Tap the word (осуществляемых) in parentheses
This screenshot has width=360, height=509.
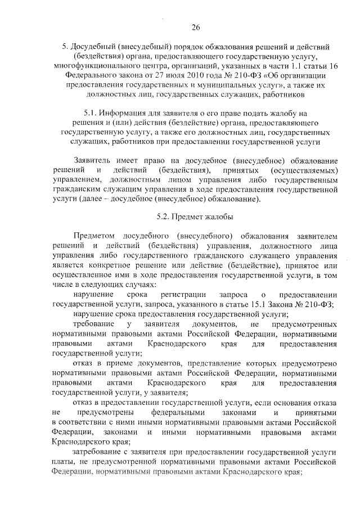coord(305,170)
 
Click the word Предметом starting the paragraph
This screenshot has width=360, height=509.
coord(94,236)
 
